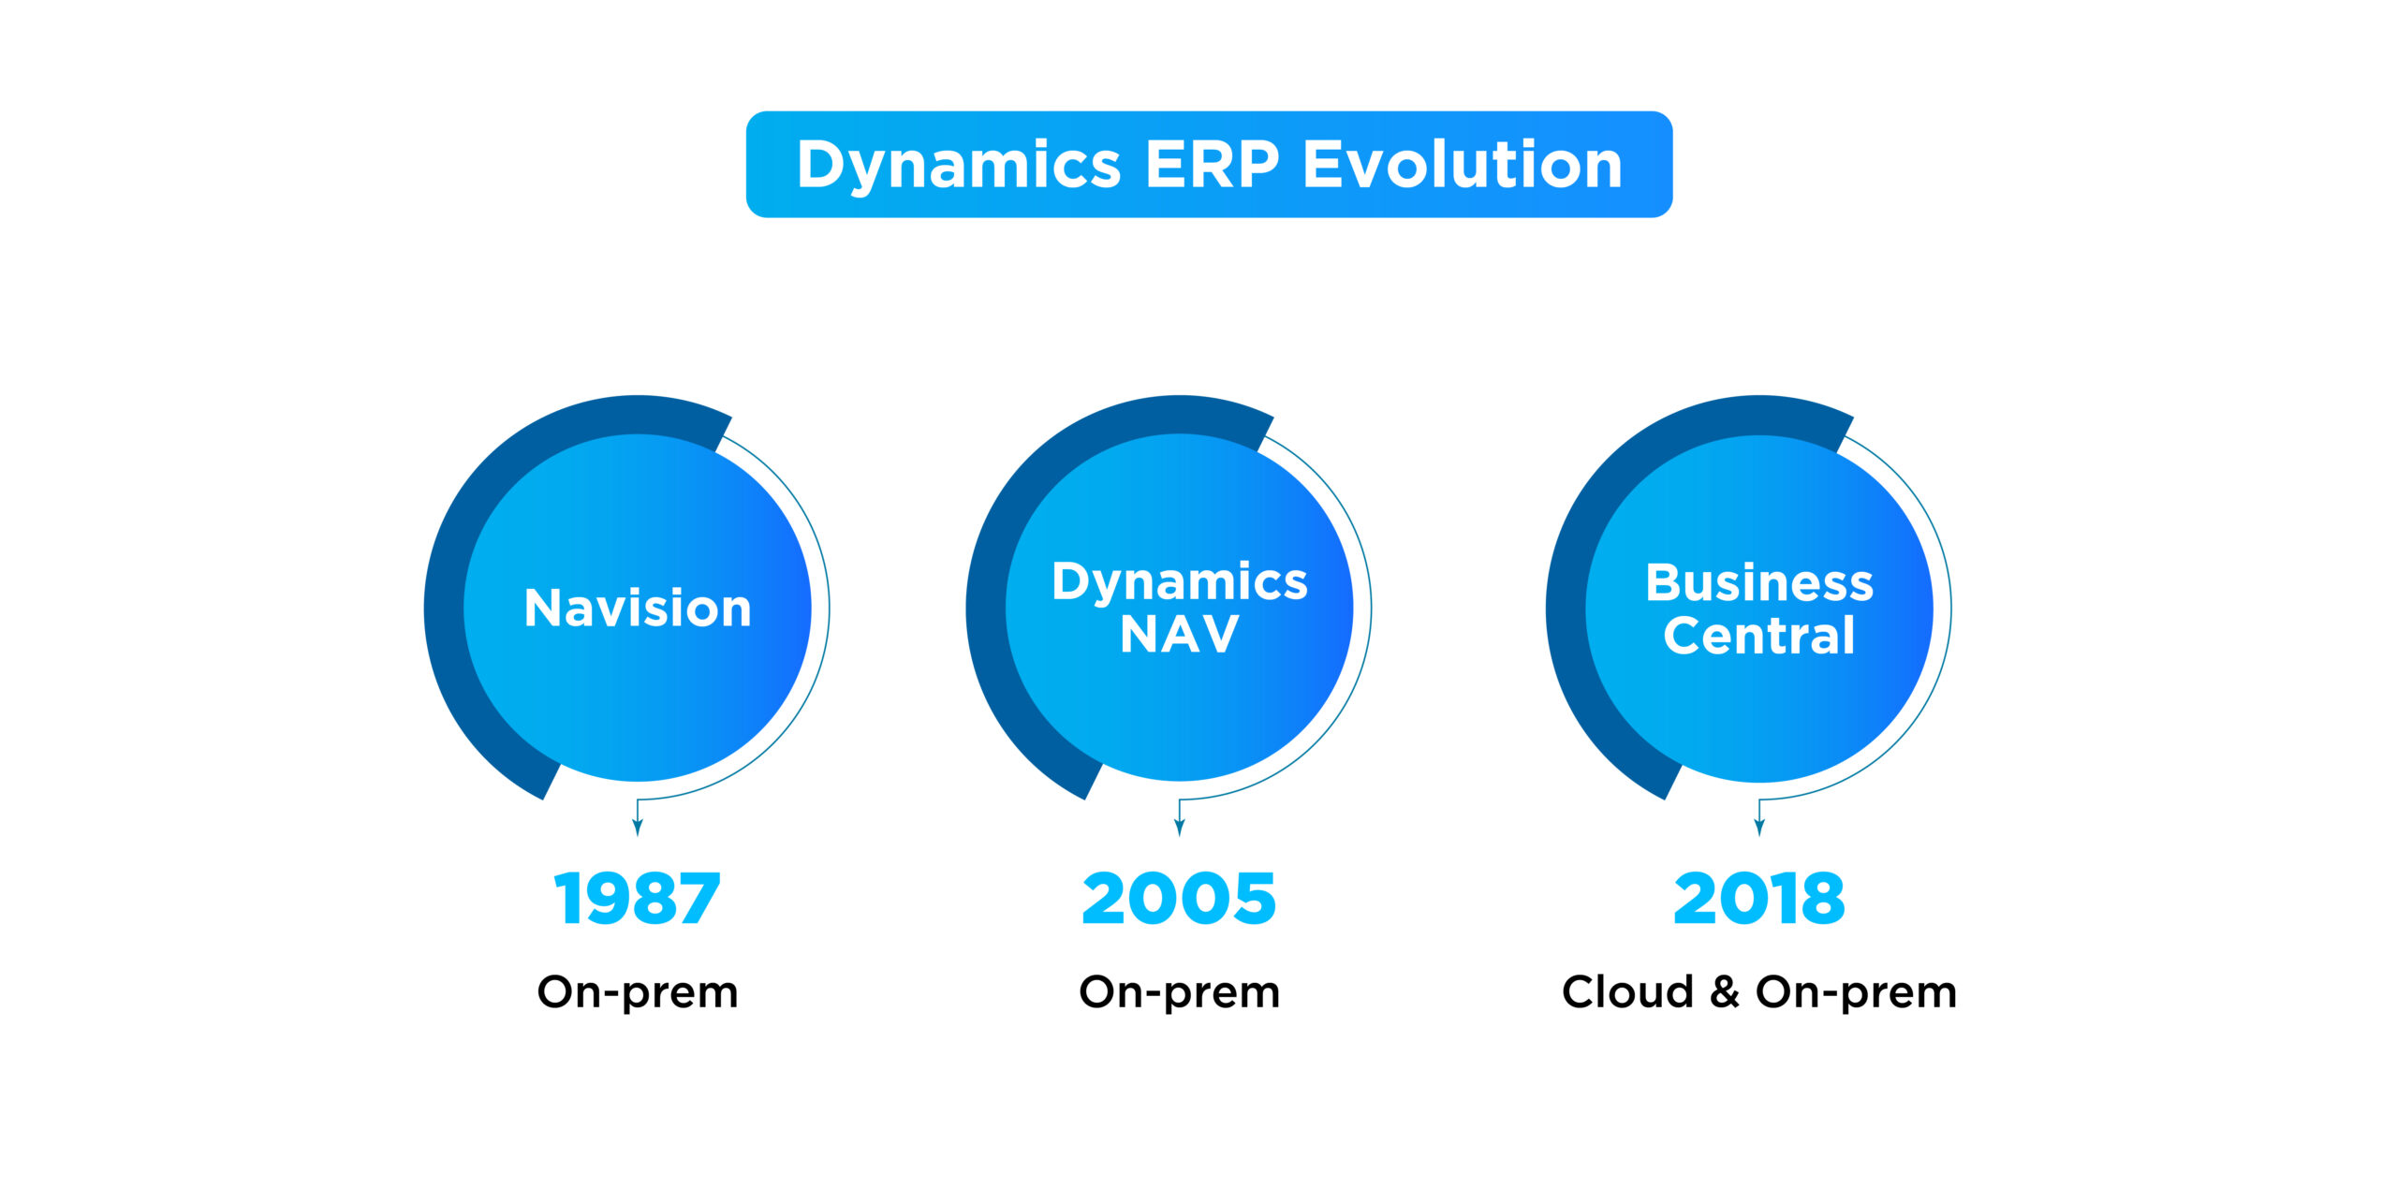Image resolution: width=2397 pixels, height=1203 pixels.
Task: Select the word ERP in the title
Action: click(1213, 164)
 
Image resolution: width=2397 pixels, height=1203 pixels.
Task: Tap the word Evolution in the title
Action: click(1463, 164)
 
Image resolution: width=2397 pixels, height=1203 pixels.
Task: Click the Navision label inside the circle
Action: click(638, 608)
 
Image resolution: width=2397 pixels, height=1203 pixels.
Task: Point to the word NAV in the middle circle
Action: click(1179, 634)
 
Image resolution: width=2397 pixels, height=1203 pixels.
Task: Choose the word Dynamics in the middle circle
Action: click(1179, 583)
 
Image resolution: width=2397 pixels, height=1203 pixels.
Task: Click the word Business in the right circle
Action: click(1759, 582)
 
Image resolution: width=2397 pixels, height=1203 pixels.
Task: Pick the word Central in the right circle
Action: click(1759, 636)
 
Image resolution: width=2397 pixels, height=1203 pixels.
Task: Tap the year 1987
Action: click(637, 899)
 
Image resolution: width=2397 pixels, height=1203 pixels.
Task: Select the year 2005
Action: click(1179, 899)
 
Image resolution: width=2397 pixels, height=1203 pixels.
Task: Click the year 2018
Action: click(1759, 899)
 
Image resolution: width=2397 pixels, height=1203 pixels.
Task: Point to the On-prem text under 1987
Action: click(638, 992)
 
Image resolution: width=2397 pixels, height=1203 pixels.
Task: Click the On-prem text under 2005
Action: click(1179, 992)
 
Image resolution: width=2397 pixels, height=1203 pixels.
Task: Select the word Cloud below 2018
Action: click(1627, 991)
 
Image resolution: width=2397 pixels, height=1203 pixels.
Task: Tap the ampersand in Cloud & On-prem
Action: click(1725, 991)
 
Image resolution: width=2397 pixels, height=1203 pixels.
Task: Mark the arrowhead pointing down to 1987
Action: click(638, 828)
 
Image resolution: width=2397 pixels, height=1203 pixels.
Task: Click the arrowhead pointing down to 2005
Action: click(1180, 828)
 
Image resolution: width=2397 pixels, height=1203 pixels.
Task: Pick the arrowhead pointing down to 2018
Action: click(1759, 828)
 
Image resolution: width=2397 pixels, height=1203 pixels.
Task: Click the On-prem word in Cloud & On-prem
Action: click(1856, 992)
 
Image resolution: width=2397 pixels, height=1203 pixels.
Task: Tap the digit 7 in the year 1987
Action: click(698, 899)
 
